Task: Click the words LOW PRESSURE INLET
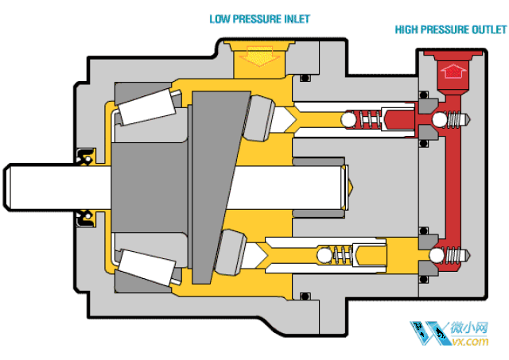pos(259,18)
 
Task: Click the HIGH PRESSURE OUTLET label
pos(450,30)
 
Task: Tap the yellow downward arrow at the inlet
pos(256,56)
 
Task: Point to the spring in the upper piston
pos(369,120)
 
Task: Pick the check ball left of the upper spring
pos(348,120)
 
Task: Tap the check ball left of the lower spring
pos(323,256)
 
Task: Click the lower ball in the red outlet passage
pos(436,256)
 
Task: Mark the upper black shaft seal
pos(84,157)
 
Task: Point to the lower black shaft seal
pos(84,216)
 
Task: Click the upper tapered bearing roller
pos(146,107)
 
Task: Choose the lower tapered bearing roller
pos(146,265)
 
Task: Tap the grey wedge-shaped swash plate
pos(213,183)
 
